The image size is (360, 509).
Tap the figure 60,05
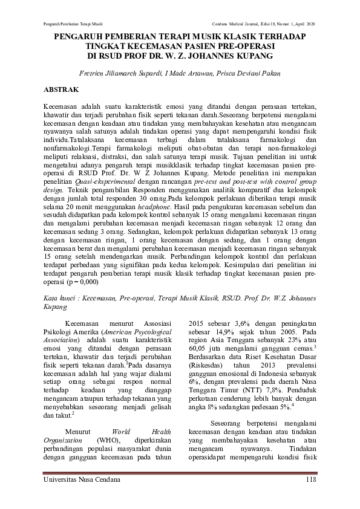click(x=199, y=349)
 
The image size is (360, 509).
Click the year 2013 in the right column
click(x=261, y=365)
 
